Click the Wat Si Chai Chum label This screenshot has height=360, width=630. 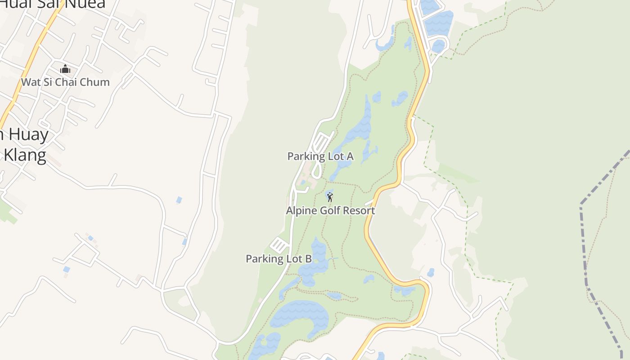tap(65, 82)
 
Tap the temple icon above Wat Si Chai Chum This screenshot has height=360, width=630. tap(65, 69)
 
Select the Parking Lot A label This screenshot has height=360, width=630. tap(320, 157)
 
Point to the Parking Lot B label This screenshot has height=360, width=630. tap(279, 259)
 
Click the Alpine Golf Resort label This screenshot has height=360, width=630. tap(330, 211)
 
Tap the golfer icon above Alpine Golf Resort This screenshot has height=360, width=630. tap(330, 197)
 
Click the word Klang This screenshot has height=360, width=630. tap(25, 155)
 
